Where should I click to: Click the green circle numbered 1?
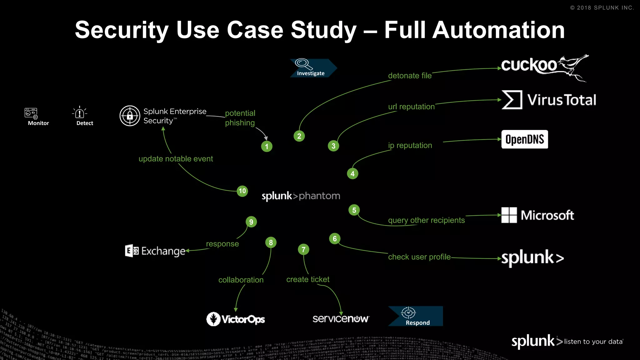pos(267,146)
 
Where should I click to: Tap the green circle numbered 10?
pos(242,191)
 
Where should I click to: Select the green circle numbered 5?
pos(354,210)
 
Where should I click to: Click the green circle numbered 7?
pos(303,249)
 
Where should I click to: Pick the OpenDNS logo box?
pos(524,139)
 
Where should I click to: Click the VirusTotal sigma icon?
pos(512,100)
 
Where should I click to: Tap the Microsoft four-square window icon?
pos(509,215)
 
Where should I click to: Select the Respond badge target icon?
pos(408,312)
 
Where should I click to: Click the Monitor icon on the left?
pos(31,113)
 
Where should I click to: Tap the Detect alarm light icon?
pos(80,112)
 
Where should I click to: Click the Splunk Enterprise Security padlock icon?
pos(130,116)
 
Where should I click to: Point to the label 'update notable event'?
pos(176,159)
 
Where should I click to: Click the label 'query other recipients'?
pos(426,220)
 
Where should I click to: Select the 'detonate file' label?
pos(410,76)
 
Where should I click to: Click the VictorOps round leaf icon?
pos(213,319)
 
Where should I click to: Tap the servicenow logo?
pos(341,319)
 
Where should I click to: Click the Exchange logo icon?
pos(132,251)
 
